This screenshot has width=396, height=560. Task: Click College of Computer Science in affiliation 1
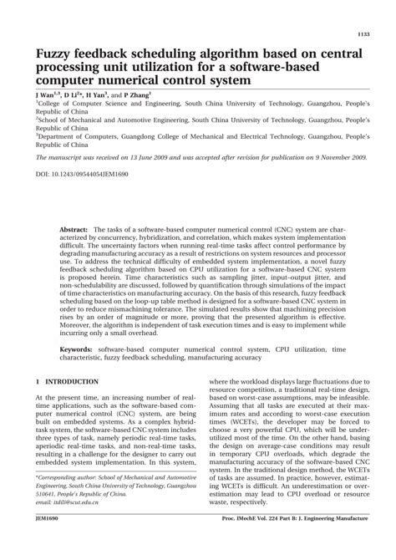pos(90,104)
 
